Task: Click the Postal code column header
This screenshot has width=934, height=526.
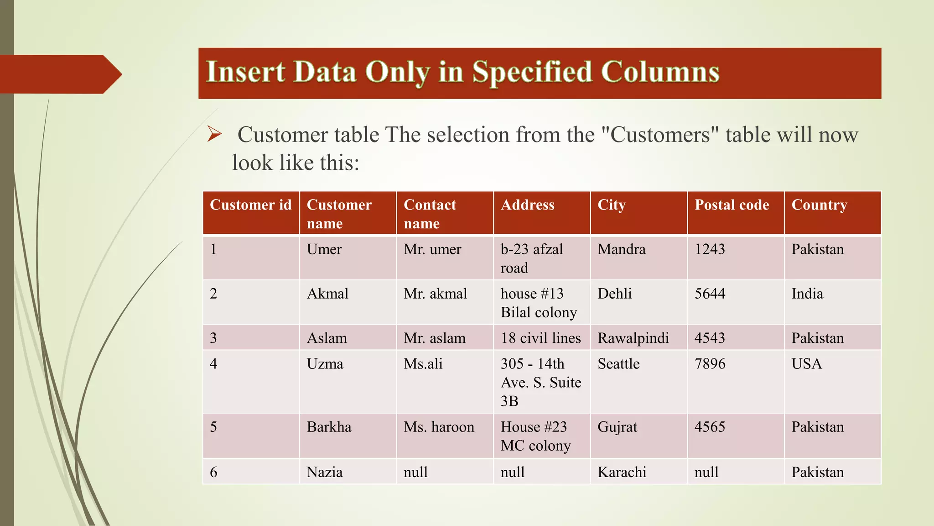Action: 732,205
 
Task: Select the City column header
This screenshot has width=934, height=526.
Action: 612,205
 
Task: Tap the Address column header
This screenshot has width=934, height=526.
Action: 528,205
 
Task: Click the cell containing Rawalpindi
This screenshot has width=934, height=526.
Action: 633,338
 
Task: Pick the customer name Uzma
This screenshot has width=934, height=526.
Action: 325,364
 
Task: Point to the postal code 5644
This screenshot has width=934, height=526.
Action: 710,294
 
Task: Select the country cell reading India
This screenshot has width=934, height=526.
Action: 807,294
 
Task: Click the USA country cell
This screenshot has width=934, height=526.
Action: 807,364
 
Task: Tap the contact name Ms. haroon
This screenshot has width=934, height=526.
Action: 439,427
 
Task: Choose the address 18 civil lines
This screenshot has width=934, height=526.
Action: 541,338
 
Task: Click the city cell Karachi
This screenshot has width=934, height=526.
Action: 622,472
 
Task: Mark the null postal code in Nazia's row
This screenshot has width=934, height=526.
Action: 706,472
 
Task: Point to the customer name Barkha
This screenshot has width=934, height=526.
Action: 329,427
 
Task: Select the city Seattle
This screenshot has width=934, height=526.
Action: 618,364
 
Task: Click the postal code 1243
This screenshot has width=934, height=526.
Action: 710,249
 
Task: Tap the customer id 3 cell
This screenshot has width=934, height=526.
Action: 213,338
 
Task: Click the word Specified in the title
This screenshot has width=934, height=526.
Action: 532,72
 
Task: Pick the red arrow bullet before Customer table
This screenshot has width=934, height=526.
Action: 214,134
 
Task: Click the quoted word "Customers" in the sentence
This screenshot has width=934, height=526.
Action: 660,135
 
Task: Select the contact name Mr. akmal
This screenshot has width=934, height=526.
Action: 435,294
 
